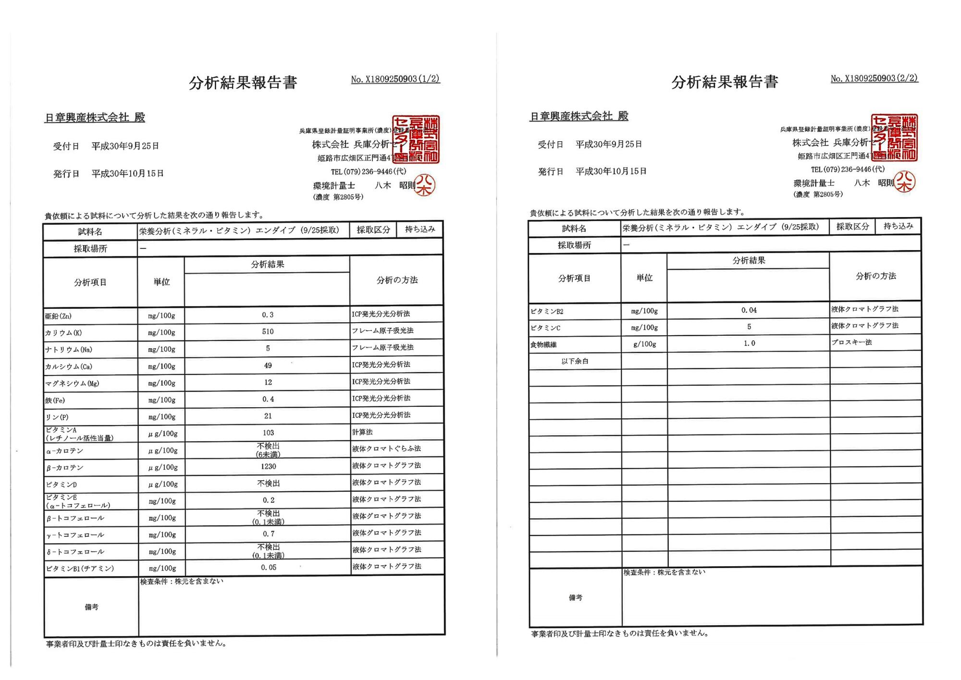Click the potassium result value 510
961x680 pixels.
tap(268, 332)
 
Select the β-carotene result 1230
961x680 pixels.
tap(268, 467)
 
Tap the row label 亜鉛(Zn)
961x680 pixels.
tap(59, 316)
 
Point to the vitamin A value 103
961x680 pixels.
tap(268, 433)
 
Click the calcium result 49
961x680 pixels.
tap(268, 365)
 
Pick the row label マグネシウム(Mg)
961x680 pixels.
tap(72, 383)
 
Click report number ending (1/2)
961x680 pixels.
tap(395, 79)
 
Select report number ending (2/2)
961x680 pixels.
tap(874, 78)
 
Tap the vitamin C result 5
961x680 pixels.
tap(749, 327)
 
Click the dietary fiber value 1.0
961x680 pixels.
tap(749, 343)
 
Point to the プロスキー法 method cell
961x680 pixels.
tap(851, 342)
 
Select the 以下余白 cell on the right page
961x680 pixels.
tap(575, 361)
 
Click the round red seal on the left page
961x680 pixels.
tap(425, 185)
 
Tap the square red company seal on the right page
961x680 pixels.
tap(894, 137)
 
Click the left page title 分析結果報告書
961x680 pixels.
tap(243, 83)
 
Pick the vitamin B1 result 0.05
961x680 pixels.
tap(269, 568)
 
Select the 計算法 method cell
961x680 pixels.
tap(362, 432)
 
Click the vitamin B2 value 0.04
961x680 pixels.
tap(749, 311)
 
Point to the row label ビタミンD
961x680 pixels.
tap(62, 485)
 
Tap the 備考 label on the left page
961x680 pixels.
tap(91, 607)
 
